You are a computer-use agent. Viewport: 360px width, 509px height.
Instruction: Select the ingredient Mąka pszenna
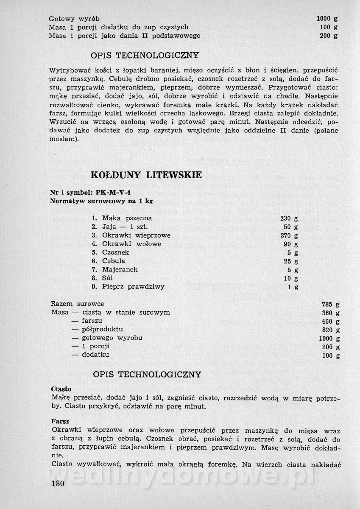click(x=127, y=218)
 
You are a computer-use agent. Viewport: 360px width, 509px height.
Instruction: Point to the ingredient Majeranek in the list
click(x=120, y=269)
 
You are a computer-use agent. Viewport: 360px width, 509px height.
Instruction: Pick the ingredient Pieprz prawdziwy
click(x=133, y=287)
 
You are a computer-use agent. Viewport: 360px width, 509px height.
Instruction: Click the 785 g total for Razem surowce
click(x=330, y=304)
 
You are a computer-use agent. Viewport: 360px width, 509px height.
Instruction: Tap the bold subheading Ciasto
click(x=61, y=389)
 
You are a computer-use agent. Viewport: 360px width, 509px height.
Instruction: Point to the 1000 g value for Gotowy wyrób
click(x=327, y=19)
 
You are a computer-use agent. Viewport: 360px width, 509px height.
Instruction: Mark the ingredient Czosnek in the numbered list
click(x=117, y=252)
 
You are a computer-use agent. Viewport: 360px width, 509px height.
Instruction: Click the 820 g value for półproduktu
click(x=330, y=330)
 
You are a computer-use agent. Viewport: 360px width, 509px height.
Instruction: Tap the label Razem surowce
click(x=77, y=304)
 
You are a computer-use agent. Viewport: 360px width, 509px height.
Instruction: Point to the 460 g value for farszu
click(x=330, y=321)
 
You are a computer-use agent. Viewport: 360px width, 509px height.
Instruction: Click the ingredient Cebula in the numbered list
click(x=113, y=261)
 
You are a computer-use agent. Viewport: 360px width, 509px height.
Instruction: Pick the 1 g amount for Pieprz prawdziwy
click(x=293, y=287)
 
